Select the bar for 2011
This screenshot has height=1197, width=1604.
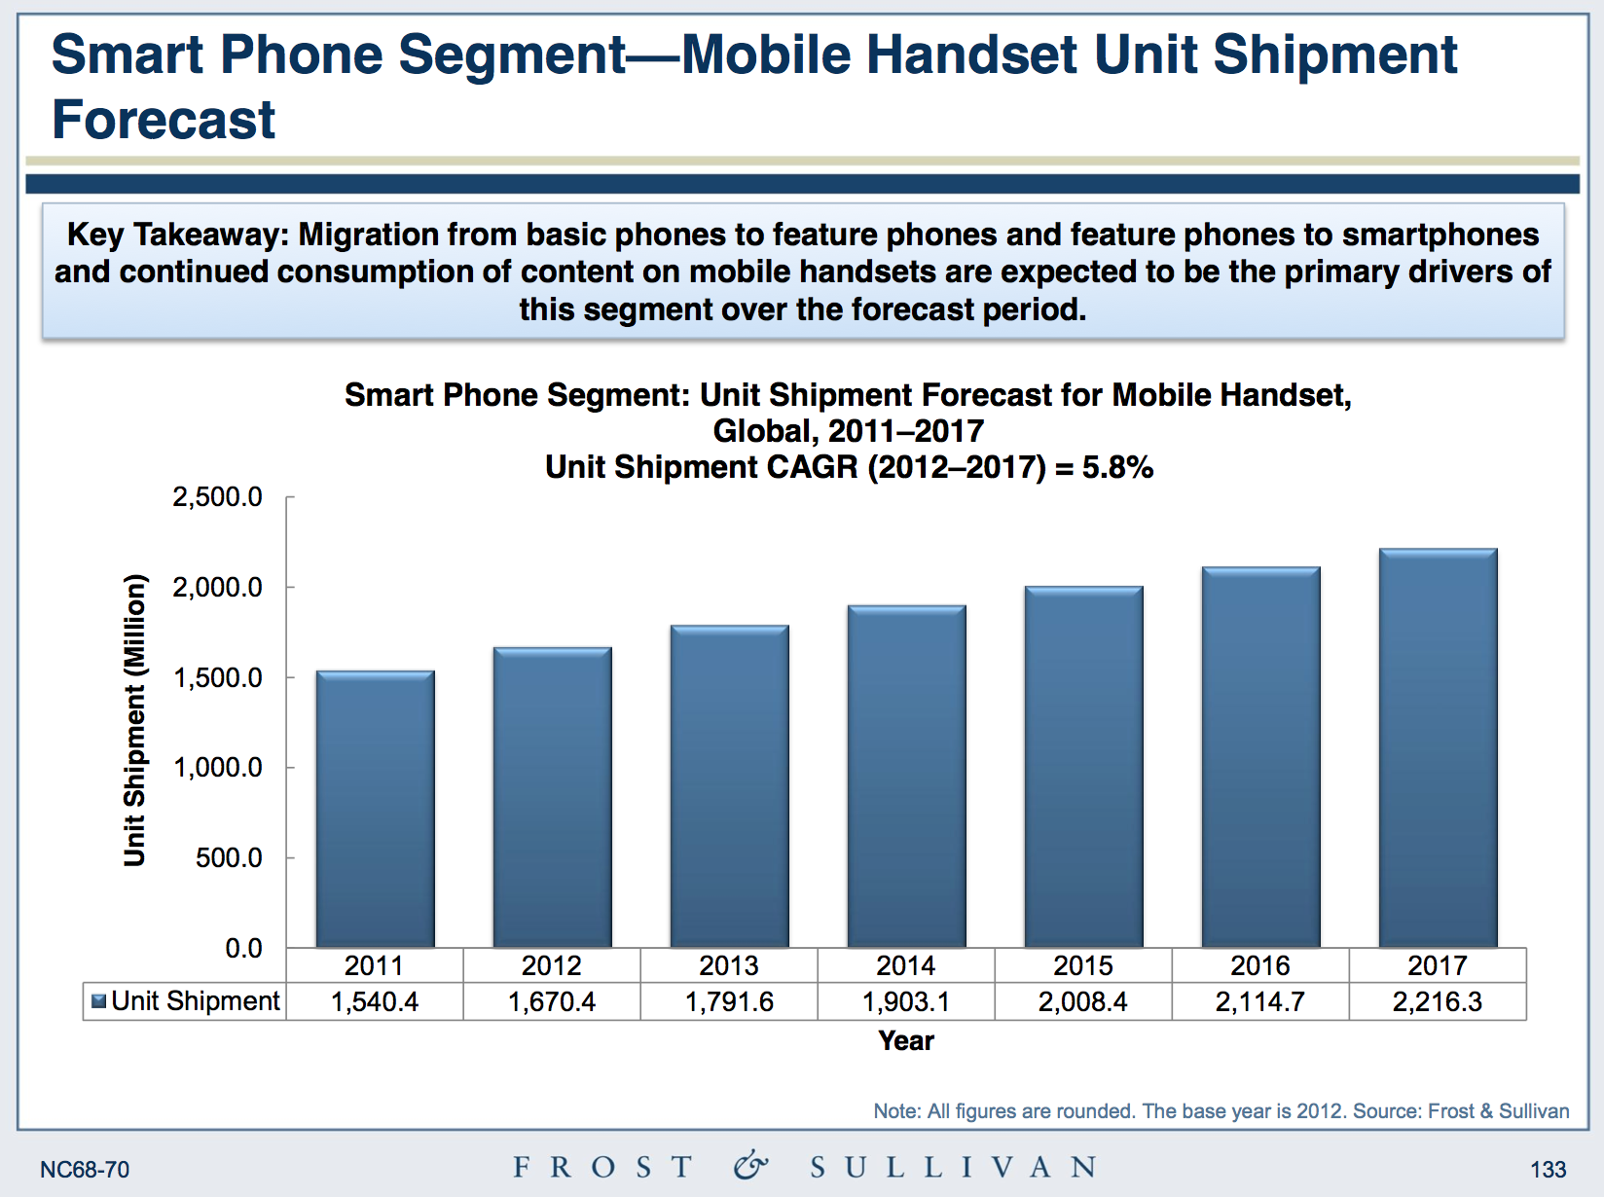tap(375, 809)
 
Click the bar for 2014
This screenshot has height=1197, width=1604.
tap(906, 776)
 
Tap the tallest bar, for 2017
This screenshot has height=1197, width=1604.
tap(1438, 747)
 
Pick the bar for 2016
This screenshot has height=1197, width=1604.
tap(1260, 756)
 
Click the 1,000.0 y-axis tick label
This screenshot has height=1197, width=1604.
tap(217, 768)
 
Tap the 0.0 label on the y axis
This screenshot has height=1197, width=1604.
tap(243, 948)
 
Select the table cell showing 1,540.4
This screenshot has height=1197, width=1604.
tap(375, 1001)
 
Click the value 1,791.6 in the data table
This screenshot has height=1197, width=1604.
tap(729, 1001)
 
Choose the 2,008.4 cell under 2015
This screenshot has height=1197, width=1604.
tap(1083, 1001)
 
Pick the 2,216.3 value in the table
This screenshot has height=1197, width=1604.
tap(1438, 1001)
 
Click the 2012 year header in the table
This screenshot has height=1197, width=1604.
tap(551, 965)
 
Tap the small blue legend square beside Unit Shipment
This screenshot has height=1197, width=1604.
tap(98, 1000)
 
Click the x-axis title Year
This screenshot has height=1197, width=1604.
tap(906, 1040)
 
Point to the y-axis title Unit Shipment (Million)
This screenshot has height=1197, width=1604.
tap(134, 721)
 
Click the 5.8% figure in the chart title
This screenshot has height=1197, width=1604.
tap(1118, 467)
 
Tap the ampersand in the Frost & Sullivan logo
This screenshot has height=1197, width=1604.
tap(750, 1165)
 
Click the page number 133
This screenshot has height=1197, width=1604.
tap(1548, 1170)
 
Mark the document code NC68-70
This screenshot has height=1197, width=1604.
tap(85, 1170)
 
